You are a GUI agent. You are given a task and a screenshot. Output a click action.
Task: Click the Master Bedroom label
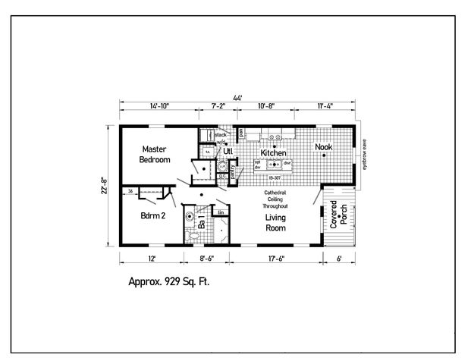pyautogui.click(x=155, y=155)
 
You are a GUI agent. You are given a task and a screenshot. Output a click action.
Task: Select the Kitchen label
pyautogui.click(x=273, y=153)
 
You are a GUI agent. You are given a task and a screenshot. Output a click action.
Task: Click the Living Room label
pyautogui.click(x=275, y=223)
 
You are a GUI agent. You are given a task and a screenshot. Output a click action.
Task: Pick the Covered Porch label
pyautogui.click(x=339, y=216)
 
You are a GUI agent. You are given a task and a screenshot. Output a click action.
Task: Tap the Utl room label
pyautogui.click(x=228, y=152)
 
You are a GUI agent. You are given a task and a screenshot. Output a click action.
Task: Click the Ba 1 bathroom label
pyautogui.click(x=202, y=224)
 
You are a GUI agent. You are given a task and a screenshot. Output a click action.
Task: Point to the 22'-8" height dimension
pyautogui.click(x=104, y=185)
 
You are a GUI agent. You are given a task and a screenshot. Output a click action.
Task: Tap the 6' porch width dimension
pyautogui.click(x=339, y=259)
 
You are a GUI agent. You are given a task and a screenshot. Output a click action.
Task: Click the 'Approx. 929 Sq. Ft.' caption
pyautogui.click(x=168, y=281)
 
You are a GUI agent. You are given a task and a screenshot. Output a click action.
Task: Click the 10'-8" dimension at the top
pyautogui.click(x=265, y=108)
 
